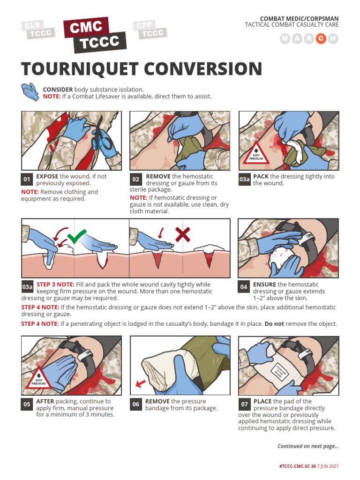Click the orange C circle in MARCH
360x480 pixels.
(x=321, y=39)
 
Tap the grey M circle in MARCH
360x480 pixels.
(x=285, y=39)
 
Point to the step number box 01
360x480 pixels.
(x=27, y=180)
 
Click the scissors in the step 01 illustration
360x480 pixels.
(x=102, y=136)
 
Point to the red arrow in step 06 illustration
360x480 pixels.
(x=140, y=384)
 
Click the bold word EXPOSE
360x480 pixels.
(x=47, y=176)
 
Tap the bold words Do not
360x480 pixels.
(x=274, y=324)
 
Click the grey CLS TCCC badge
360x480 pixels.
(x=37, y=29)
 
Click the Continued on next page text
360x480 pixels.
(x=308, y=446)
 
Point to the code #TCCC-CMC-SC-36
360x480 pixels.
(x=298, y=467)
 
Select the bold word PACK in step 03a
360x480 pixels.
(x=261, y=176)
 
